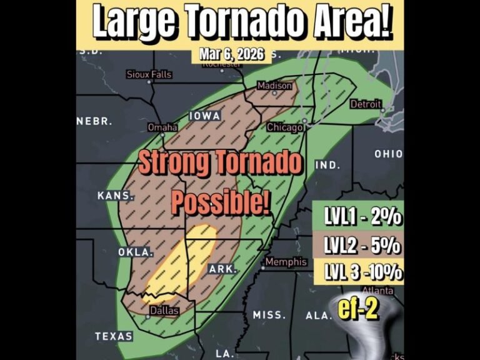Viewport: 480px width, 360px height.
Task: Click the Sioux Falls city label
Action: tap(149, 74)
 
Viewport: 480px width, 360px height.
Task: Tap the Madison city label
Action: tap(274, 86)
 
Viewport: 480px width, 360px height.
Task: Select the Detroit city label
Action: tap(365, 104)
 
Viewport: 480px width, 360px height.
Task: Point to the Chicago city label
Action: tap(285, 127)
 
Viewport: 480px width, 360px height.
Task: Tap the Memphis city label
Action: tap(286, 262)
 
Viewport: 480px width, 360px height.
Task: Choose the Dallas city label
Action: tap(164, 311)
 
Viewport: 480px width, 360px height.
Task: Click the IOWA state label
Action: tap(204, 116)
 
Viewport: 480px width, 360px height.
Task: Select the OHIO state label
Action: tap(389, 154)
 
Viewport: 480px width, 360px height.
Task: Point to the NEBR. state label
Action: tap(94, 121)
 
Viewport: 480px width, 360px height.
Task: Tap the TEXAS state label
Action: tap(114, 336)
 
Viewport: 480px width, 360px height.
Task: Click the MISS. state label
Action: tap(269, 314)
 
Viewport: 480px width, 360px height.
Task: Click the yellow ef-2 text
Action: tap(357, 310)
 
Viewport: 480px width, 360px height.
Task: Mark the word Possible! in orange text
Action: tap(220, 202)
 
